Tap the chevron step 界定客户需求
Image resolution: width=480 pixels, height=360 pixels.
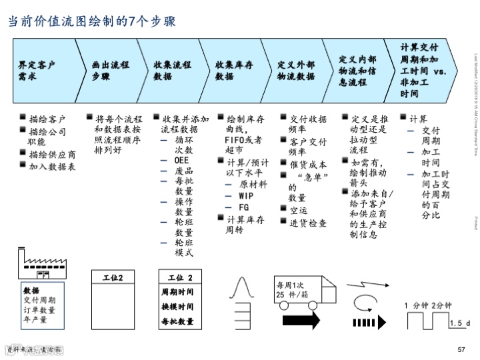tap(39, 70)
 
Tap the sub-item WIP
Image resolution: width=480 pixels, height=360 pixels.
tap(246, 195)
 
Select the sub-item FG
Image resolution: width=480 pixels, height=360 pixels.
tap(244, 207)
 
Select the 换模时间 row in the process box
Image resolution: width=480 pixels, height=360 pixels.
tap(178, 307)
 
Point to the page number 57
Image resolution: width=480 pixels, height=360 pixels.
tap(461, 351)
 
